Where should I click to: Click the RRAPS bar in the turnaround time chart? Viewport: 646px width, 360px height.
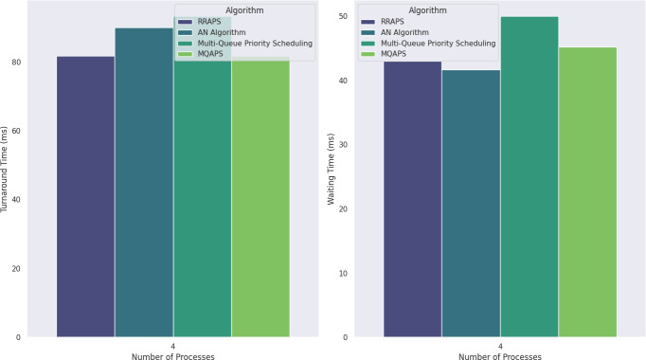85,196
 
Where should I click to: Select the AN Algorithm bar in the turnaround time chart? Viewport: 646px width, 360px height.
144,183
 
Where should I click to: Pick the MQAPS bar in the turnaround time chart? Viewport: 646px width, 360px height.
260,196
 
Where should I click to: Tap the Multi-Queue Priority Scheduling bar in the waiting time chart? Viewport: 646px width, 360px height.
529,177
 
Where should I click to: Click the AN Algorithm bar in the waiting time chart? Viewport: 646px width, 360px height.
471,204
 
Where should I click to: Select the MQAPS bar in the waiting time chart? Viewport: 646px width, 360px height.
587,192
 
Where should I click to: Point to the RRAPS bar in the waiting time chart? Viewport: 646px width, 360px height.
413,199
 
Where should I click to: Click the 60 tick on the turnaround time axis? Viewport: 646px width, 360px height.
16,131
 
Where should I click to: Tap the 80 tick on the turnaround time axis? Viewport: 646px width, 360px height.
16,63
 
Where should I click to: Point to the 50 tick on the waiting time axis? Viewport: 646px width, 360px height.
343,16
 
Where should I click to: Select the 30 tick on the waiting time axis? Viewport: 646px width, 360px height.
343,145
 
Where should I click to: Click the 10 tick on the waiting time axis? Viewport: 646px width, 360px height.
343,273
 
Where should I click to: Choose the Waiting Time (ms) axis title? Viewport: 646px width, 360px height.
331,169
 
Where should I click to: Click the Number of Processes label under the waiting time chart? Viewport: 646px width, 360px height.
500,356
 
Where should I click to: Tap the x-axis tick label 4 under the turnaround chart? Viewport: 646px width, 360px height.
173,347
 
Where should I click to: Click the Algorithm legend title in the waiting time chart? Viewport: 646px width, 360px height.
427,10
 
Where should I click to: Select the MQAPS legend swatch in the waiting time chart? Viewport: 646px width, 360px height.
368,54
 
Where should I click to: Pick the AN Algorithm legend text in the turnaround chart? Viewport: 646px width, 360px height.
222,32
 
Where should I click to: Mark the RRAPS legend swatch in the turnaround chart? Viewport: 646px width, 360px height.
185,22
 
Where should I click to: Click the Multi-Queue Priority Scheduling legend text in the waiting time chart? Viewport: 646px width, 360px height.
439,44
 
